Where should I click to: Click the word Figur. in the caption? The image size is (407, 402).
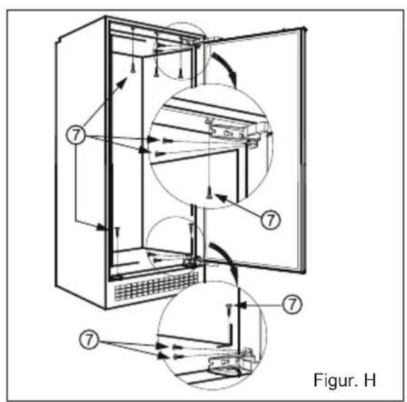click(335, 380)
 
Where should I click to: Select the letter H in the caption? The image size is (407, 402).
click(370, 380)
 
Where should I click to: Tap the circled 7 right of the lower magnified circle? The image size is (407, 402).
click(292, 304)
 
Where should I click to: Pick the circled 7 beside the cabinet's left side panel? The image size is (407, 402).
click(76, 135)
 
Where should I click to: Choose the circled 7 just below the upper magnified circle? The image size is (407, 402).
click(270, 220)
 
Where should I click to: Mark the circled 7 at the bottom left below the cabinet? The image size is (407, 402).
click(89, 339)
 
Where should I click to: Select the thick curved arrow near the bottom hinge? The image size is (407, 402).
click(226, 256)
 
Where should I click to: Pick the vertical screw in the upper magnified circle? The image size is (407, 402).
click(209, 192)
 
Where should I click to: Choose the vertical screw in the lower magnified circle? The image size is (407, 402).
click(229, 314)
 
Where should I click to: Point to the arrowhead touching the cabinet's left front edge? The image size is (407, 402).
click(103, 228)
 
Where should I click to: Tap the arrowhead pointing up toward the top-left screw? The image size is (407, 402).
click(122, 83)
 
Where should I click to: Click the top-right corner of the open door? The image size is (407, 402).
click(305, 27)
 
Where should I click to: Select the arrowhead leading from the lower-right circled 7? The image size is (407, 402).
click(243, 305)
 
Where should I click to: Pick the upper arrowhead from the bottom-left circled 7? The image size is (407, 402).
click(162, 346)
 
